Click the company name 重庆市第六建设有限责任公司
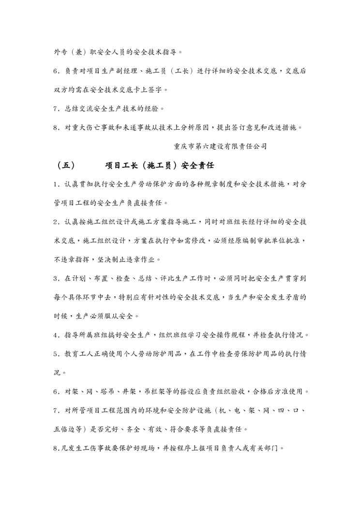coord(220,145)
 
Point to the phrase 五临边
coord(66,429)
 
